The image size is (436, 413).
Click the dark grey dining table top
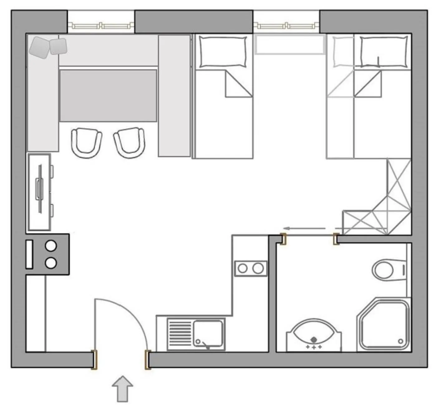108,95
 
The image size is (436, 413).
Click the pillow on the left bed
222,52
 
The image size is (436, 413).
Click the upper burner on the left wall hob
51,246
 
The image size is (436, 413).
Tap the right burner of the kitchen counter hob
258,268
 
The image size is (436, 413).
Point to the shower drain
401,341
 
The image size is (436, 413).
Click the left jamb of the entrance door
94,360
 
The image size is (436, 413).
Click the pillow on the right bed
384,52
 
